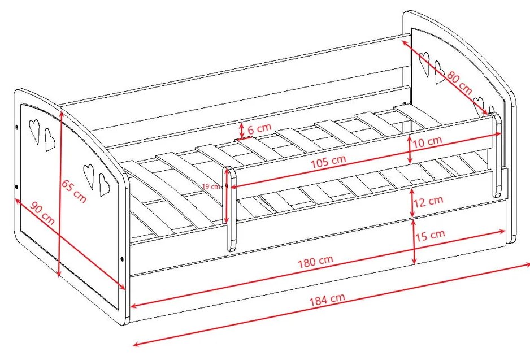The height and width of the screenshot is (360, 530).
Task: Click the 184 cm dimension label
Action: [327, 299]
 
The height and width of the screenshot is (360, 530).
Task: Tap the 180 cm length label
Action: [315, 261]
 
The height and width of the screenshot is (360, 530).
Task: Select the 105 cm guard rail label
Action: [328, 162]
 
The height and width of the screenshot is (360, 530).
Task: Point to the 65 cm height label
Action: [73, 192]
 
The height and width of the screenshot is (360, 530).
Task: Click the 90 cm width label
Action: [42, 213]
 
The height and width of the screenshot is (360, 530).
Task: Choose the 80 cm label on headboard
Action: [459, 83]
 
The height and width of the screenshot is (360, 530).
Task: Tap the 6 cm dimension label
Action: [259, 128]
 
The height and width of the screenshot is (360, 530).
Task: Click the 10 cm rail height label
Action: [427, 141]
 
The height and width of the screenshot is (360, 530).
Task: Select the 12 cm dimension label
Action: [428, 201]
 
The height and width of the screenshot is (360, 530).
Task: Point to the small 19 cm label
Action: [211, 186]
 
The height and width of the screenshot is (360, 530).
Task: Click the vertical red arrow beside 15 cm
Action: [414, 241]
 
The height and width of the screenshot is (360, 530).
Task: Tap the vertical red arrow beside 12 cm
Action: [412, 202]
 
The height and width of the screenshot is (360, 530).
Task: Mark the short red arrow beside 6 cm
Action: [241, 131]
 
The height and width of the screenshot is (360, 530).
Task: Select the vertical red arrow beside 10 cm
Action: [410, 149]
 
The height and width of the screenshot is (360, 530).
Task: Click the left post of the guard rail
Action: [231, 209]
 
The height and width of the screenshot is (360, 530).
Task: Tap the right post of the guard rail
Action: [496, 155]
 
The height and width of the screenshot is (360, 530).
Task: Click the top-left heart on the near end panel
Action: [35, 131]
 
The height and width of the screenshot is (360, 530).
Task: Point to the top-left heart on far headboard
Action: [424, 64]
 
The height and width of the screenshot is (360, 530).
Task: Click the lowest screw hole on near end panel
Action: [122, 259]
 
